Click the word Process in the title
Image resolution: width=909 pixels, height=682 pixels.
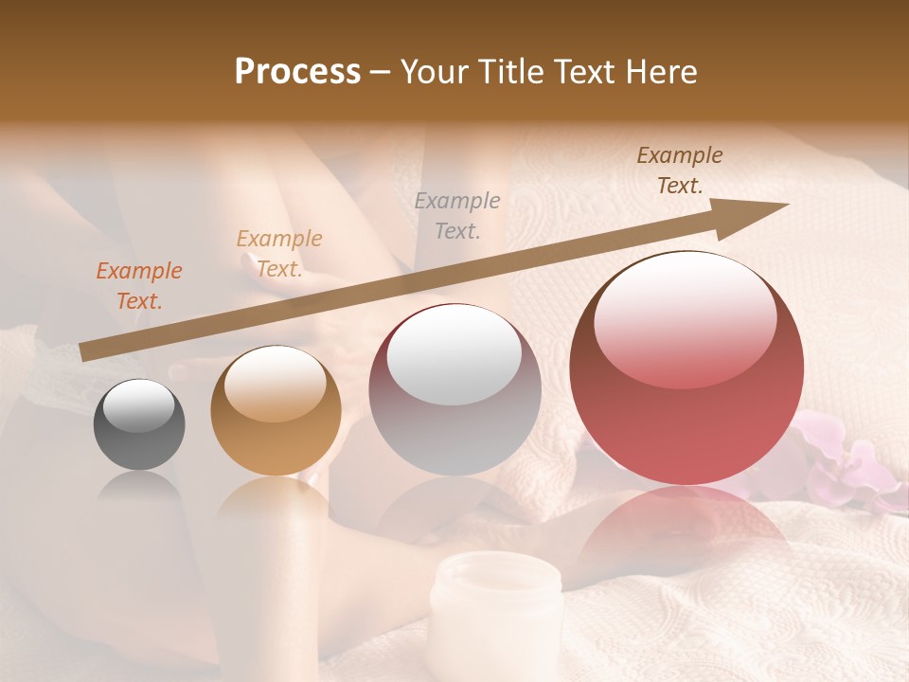pyautogui.click(x=297, y=72)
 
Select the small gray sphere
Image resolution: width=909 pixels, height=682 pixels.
pyautogui.click(x=139, y=424)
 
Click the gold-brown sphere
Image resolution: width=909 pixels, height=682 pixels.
pyautogui.click(x=276, y=411)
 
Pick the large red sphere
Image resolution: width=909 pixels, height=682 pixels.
pyautogui.click(x=686, y=369)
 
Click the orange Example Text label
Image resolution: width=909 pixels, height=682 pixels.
pyautogui.click(x=139, y=286)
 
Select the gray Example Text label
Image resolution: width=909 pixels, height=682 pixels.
pyautogui.click(x=457, y=215)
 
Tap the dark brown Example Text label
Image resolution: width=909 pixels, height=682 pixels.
pyautogui.click(x=680, y=170)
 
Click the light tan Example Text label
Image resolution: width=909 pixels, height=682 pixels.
pyautogui.click(x=279, y=254)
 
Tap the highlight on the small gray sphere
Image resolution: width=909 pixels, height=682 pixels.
pyautogui.click(x=139, y=405)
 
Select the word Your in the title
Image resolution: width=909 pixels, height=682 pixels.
pyautogui.click(x=432, y=72)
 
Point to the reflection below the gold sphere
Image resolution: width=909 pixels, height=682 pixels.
pyautogui.click(x=276, y=502)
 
